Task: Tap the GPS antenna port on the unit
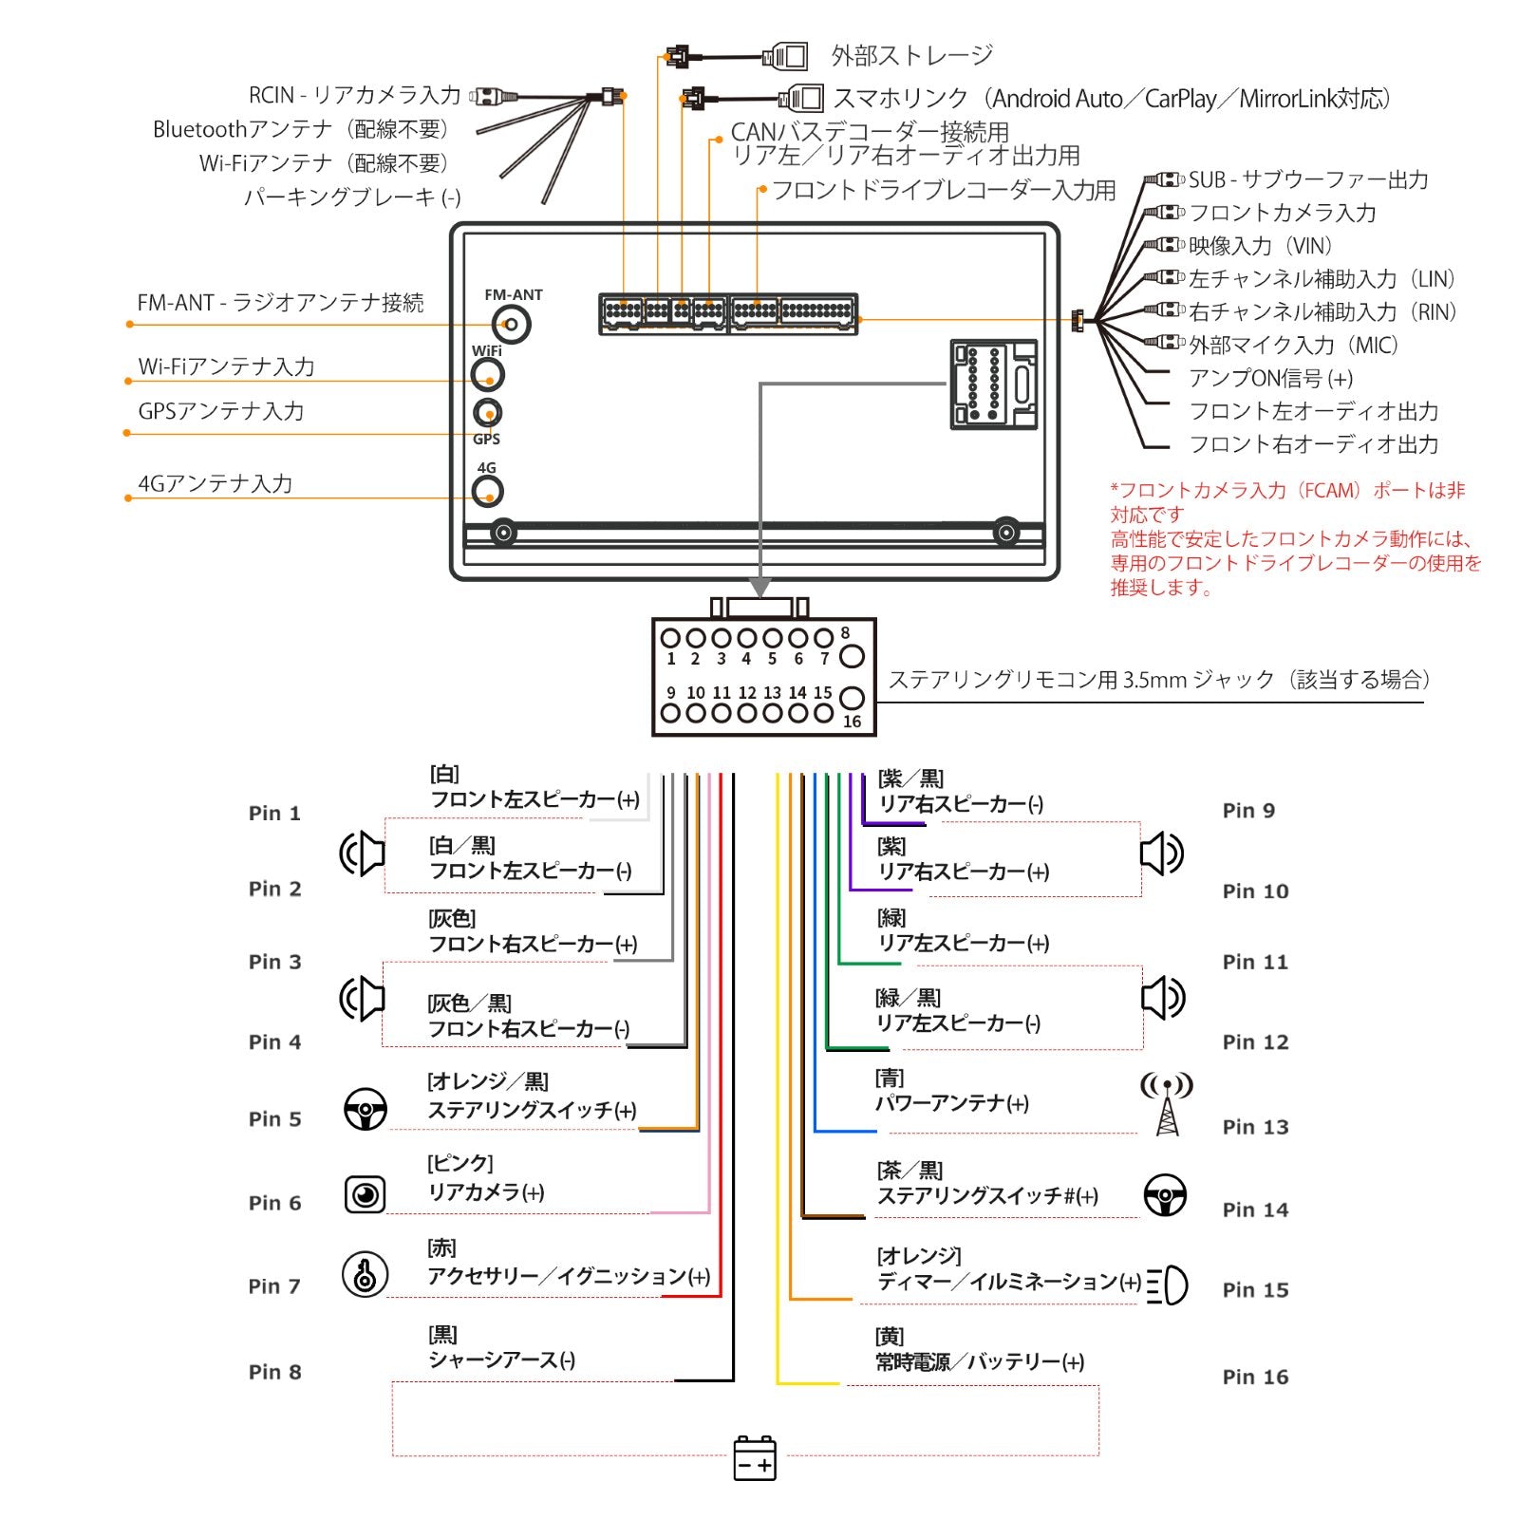[x=487, y=413]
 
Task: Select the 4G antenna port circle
[x=487, y=492]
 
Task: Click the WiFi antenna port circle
[x=487, y=375]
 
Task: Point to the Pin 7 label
[x=274, y=1286]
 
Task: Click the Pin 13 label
[x=1255, y=1127]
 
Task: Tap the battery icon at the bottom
[x=755, y=1457]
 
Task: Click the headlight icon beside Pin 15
[x=1168, y=1286]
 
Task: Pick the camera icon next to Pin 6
[x=365, y=1193]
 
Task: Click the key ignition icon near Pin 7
[x=365, y=1274]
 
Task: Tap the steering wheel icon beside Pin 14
[x=1165, y=1195]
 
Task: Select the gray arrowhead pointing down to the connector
[x=759, y=588]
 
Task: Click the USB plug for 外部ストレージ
[x=786, y=57]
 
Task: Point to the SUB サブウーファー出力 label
[x=1307, y=179]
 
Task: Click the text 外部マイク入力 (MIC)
[x=1293, y=345]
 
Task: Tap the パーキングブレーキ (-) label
[x=352, y=197]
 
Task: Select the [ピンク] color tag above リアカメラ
[x=460, y=1163]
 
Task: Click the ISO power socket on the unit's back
[x=993, y=385]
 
